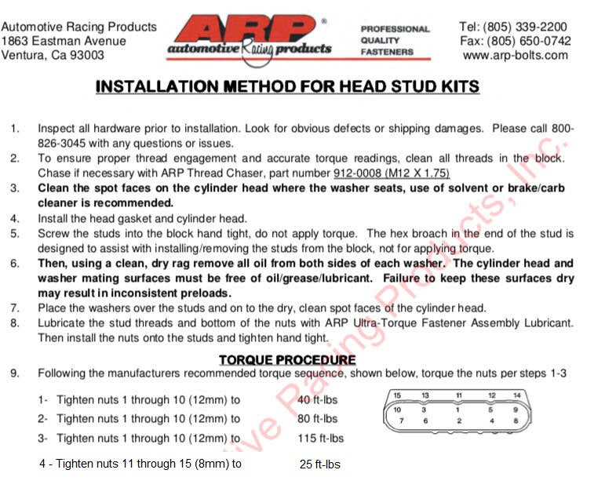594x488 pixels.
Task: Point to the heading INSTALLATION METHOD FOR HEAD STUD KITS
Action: coord(287,86)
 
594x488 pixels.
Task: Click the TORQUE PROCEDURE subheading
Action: coord(286,360)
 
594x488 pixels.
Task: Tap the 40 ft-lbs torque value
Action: coord(318,400)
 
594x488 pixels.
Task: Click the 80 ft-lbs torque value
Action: coord(318,419)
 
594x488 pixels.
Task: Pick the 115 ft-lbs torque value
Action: coord(320,438)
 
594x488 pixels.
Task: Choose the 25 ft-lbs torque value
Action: coord(319,464)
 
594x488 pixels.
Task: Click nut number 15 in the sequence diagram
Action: coord(398,395)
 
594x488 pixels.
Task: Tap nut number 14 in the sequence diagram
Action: coord(517,395)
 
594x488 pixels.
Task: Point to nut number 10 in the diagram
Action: coord(398,409)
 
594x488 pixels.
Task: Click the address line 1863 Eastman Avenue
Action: coord(64,41)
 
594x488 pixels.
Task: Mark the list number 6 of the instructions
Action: coord(16,264)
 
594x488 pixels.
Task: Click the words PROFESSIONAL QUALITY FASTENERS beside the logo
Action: coord(395,41)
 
